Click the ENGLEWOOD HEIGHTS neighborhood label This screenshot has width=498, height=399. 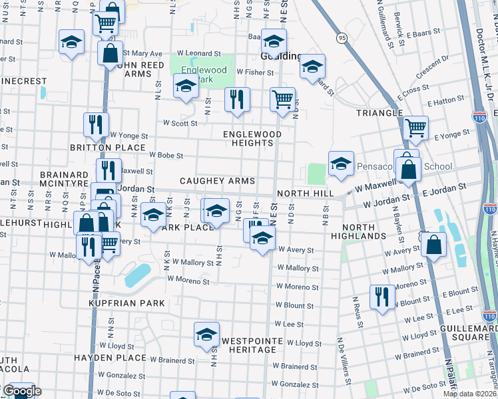coord(252,139)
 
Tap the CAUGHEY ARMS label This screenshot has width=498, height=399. coord(217,181)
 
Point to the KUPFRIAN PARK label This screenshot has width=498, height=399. coord(126,303)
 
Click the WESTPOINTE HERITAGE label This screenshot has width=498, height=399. coord(249,344)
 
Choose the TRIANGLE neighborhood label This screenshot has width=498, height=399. coord(379,113)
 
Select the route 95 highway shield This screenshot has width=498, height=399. coord(342,38)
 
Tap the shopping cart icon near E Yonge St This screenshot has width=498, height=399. coord(415,126)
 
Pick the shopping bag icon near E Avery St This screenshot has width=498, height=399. coord(433,243)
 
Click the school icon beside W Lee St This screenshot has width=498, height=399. coord(206,334)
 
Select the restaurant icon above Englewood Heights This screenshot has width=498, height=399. coord(237,99)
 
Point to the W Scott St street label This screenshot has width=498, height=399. coord(180,123)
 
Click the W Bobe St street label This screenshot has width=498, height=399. coord(166,155)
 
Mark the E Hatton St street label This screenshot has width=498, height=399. coord(445,102)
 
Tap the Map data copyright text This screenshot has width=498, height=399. coord(469,394)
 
